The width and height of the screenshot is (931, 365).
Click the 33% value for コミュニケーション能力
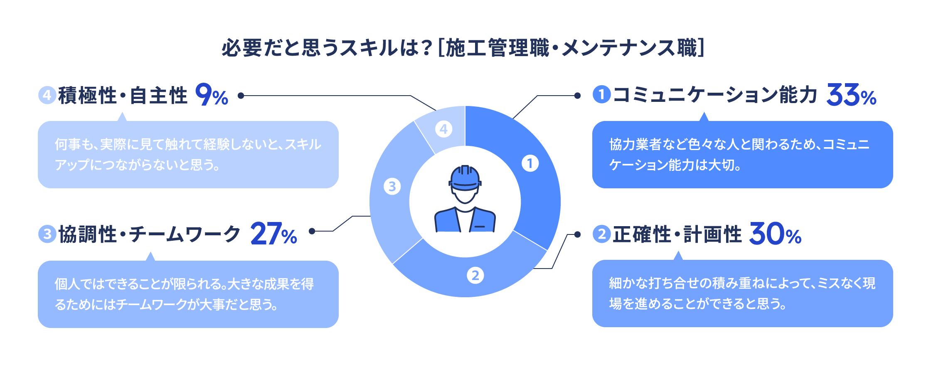point(851,95)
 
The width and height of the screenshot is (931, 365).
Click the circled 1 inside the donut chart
point(530,163)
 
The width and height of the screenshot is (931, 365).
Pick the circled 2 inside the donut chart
point(475,275)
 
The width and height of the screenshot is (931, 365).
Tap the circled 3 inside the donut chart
point(392,187)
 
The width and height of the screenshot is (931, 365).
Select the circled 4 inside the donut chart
point(443,129)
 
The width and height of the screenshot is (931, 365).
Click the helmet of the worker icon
point(465,178)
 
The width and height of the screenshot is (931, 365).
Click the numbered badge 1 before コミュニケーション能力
point(601,94)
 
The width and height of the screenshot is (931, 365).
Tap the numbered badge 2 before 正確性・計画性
point(601,234)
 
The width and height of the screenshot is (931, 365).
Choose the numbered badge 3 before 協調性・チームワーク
point(47,234)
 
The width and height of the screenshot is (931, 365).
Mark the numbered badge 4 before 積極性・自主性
point(47,95)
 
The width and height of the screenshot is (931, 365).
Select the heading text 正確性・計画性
point(677,234)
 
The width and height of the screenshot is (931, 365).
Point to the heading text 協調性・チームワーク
point(149,234)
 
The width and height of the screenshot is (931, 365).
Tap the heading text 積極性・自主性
point(123,95)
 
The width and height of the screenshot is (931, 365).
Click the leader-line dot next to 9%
point(241,96)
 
